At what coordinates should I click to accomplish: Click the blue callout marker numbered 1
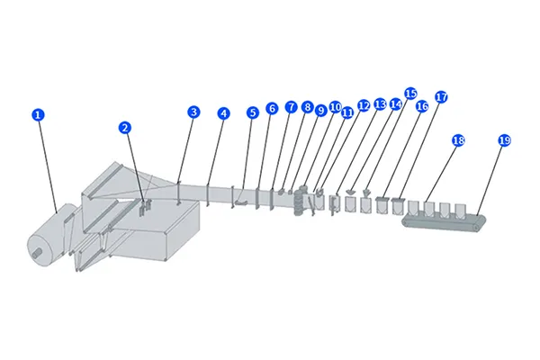(37, 114)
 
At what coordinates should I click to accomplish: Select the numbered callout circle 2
(125, 127)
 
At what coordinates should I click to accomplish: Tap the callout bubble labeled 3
(193, 112)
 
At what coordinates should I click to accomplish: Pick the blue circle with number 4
(223, 113)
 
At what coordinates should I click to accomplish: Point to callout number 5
(252, 112)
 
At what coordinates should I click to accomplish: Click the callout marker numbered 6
(272, 108)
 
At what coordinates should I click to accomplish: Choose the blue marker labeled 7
(291, 106)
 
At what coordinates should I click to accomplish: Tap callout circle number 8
(307, 107)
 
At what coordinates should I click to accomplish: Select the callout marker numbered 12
(364, 104)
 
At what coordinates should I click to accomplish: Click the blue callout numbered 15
(410, 93)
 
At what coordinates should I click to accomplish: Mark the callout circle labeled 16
(422, 106)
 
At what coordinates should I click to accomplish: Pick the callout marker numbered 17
(441, 96)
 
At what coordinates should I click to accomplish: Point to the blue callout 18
(458, 140)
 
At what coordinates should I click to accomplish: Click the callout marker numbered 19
(504, 140)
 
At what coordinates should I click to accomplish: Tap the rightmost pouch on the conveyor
(462, 211)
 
